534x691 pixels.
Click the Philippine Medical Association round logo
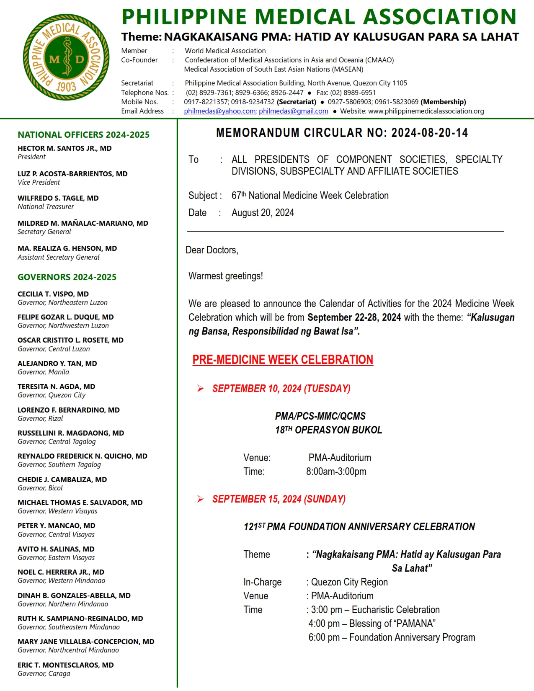(x=66, y=57)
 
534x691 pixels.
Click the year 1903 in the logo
(x=66, y=87)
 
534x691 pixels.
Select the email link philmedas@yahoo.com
(x=220, y=111)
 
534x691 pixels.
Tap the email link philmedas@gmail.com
(x=293, y=111)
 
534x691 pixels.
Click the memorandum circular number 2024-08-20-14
(x=429, y=133)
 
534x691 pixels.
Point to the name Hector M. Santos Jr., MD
(x=64, y=148)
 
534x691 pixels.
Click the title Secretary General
(x=44, y=232)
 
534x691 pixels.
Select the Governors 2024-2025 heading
(x=67, y=277)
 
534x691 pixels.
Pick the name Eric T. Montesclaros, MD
(x=66, y=665)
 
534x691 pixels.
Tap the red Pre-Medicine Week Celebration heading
(x=283, y=360)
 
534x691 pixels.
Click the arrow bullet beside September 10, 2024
(x=201, y=389)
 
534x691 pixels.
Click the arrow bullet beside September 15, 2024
(x=201, y=499)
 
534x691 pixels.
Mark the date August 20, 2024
(x=263, y=213)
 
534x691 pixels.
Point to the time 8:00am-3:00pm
(x=336, y=472)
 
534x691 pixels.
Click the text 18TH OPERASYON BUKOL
(x=328, y=430)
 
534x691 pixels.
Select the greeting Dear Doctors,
(x=212, y=250)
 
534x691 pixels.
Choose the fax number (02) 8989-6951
(x=353, y=93)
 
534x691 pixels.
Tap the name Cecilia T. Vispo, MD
(x=53, y=294)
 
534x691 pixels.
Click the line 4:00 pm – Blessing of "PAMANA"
(x=372, y=624)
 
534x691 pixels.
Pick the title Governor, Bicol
(x=40, y=488)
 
